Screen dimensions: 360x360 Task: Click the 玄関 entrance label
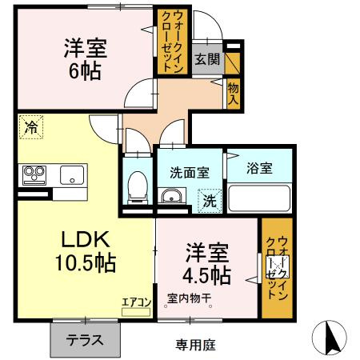pos(206,58)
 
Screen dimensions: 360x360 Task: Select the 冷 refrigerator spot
pos(30,126)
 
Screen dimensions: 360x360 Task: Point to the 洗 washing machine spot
pos(207,199)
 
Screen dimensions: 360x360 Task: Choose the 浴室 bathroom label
pos(259,168)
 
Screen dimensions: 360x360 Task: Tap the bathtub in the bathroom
pos(261,198)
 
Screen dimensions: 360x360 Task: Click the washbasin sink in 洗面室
pos(170,198)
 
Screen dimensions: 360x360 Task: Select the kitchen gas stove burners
pos(34,174)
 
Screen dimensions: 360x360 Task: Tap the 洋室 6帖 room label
pos(82,58)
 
